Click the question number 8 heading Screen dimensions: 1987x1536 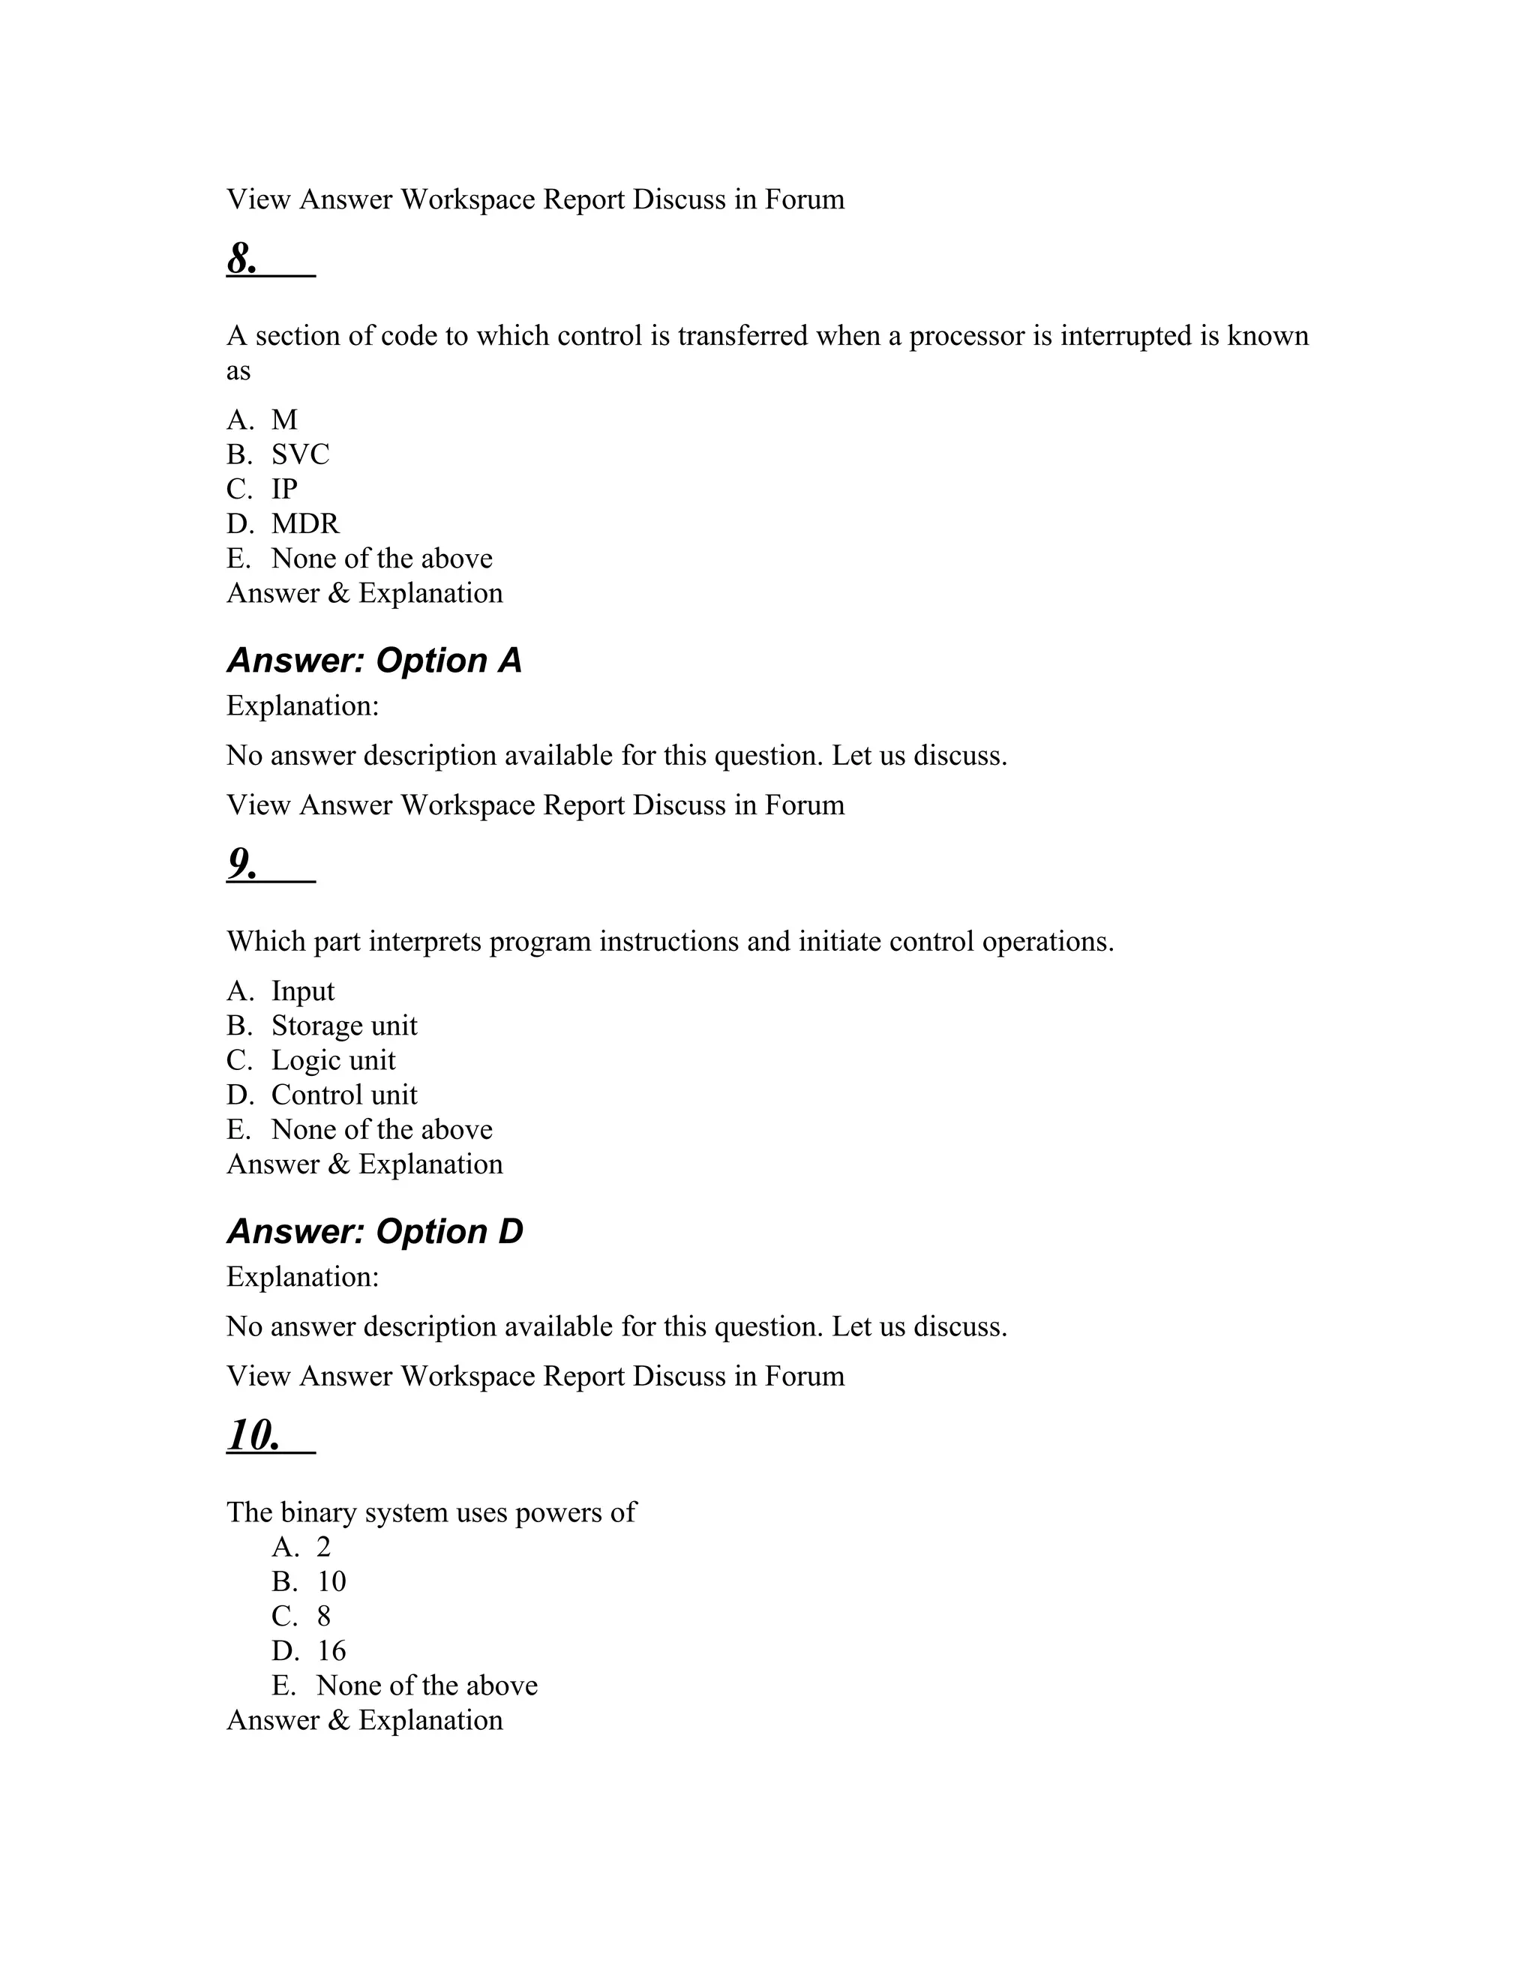click(242, 259)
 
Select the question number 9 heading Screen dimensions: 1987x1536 click(242, 865)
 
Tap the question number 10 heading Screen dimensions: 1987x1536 click(253, 1436)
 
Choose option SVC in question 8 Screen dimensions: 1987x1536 click(300, 454)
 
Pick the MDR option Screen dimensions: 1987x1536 click(304, 523)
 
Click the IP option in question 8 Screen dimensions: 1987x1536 click(284, 489)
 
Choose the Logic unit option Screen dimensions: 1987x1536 click(333, 1060)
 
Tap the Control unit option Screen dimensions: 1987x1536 click(344, 1095)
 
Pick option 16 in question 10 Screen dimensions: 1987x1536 click(331, 1650)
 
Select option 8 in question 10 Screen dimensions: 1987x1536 click(324, 1616)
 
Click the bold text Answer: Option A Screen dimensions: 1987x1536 click(374, 661)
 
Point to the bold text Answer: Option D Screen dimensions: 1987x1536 click(375, 1232)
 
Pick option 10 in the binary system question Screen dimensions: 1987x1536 click(331, 1581)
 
